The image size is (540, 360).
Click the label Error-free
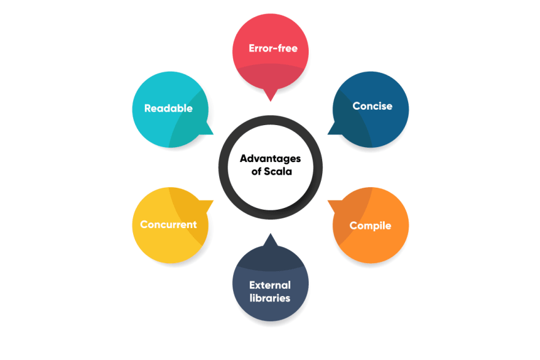(273, 48)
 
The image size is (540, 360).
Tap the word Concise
(372, 106)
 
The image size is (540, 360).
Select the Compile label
(370, 226)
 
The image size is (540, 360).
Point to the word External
(270, 285)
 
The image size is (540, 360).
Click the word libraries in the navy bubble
(270, 298)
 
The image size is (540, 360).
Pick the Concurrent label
(168, 224)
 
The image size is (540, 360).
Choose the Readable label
(168, 109)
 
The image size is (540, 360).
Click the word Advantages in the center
(271, 159)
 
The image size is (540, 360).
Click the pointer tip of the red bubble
(271, 101)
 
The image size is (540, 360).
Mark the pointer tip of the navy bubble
(271, 234)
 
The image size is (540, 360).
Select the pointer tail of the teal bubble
(213, 134)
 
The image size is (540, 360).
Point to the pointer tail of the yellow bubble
(213, 201)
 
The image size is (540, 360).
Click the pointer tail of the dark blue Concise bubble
(328, 134)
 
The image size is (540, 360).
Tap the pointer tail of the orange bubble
(328, 201)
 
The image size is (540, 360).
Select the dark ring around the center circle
(223, 167)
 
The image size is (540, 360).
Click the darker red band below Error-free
(271, 77)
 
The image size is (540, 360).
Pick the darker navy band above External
(271, 258)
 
